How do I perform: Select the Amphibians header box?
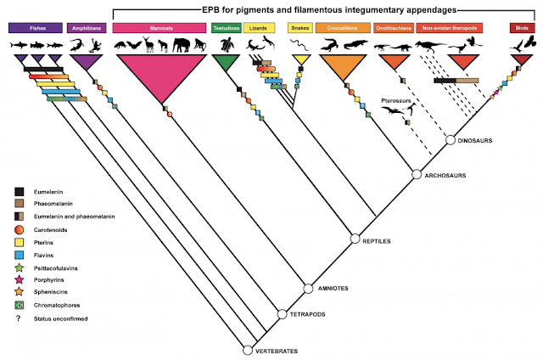pyautogui.click(x=85, y=28)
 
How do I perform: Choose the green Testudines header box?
pyautogui.click(x=225, y=28)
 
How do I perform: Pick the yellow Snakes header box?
pyautogui.click(x=298, y=28)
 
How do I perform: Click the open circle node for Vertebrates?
pyautogui.click(x=248, y=349)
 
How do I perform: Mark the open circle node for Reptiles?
pyautogui.click(x=357, y=240)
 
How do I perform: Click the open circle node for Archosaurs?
pyautogui.click(x=417, y=174)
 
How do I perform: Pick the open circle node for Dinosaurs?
pyautogui.click(x=451, y=139)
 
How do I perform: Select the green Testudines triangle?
pyautogui.click(x=226, y=64)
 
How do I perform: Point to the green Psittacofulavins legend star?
pyautogui.click(x=18, y=266)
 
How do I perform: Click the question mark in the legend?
pyautogui.click(x=18, y=317)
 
